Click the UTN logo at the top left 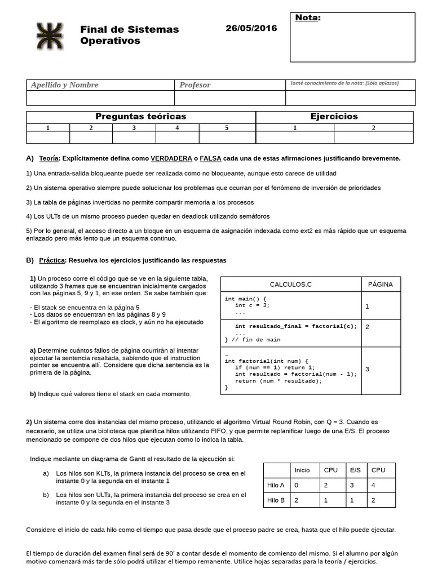point(50,35)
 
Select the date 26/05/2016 point(251,28)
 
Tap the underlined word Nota point(307,17)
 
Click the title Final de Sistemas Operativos point(129,35)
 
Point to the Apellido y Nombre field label point(64,85)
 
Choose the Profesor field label point(195,85)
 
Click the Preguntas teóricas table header point(141,117)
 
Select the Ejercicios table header point(334,117)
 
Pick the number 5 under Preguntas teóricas point(227,128)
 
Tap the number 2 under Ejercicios point(373,128)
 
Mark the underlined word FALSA point(211,158)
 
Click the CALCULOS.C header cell point(290,285)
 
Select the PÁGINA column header point(380,285)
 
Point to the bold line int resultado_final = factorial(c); point(296,326)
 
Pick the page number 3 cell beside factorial point(368,369)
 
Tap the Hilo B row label point(276,500)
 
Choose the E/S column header point(355,470)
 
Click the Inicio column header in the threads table point(302,470)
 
